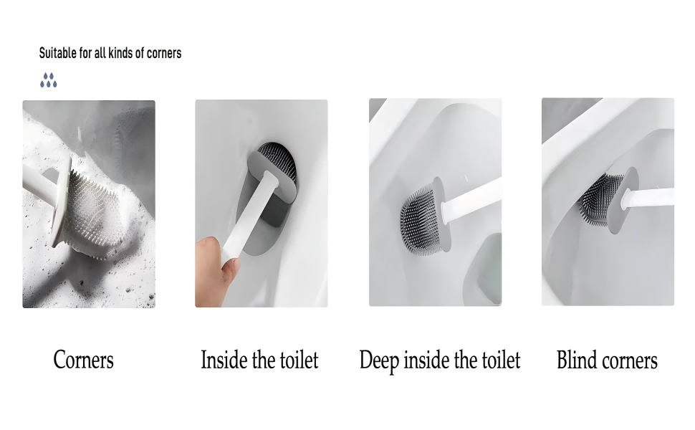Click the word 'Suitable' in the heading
(x=57, y=53)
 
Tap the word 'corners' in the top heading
(x=164, y=53)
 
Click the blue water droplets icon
(x=48, y=80)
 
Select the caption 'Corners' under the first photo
(x=83, y=360)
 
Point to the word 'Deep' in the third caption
(x=379, y=360)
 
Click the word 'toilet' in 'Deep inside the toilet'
(x=501, y=360)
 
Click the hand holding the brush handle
(x=216, y=270)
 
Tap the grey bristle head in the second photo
(x=277, y=161)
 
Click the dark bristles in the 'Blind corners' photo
(x=600, y=198)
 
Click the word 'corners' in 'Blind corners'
(x=629, y=360)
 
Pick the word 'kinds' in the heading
(x=120, y=53)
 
